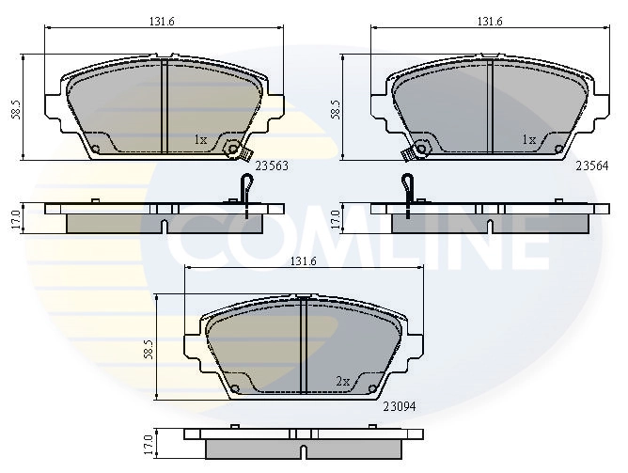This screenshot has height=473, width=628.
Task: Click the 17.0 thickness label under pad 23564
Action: (335, 216)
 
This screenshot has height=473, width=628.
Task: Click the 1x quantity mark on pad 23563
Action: (199, 140)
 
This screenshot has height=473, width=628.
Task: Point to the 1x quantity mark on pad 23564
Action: (528, 140)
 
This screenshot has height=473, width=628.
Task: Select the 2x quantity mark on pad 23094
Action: (342, 381)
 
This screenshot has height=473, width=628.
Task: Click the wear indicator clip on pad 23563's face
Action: (239, 150)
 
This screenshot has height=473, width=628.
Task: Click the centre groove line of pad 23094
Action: (304, 348)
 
